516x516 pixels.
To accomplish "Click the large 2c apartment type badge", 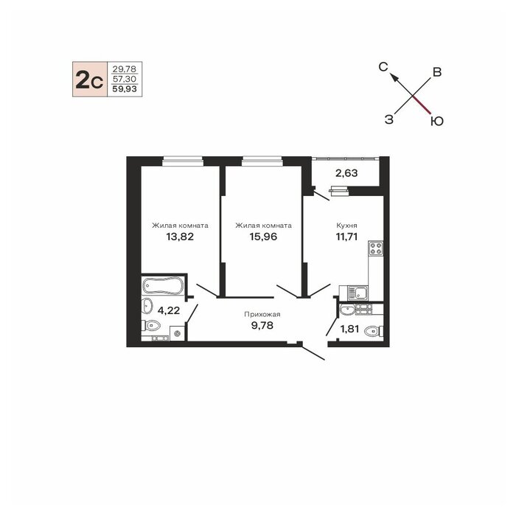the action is [90, 80].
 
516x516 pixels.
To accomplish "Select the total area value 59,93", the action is [125, 89].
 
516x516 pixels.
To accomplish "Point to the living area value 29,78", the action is [125, 69].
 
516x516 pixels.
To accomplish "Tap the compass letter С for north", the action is [383, 67].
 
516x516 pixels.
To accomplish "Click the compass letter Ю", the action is [437, 122].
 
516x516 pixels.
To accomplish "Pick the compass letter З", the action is [389, 119].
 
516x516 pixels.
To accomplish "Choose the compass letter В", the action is [437, 72].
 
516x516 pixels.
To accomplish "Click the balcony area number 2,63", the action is [346, 173].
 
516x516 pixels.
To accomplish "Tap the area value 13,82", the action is [180, 237].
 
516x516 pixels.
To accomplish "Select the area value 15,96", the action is [263, 237].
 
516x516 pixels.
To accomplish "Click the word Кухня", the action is [346, 226].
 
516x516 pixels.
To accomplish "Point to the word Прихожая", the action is [262, 315].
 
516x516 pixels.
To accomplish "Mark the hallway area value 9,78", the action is [262, 326].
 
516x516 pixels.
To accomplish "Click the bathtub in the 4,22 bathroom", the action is [163, 285].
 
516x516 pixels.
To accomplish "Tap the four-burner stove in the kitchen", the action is [375, 248].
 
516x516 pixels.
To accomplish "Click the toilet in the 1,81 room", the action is [374, 331].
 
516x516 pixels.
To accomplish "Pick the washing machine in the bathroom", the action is [178, 333].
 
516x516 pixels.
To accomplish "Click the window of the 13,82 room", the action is [182, 161].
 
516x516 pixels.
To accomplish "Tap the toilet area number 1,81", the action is [349, 329].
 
